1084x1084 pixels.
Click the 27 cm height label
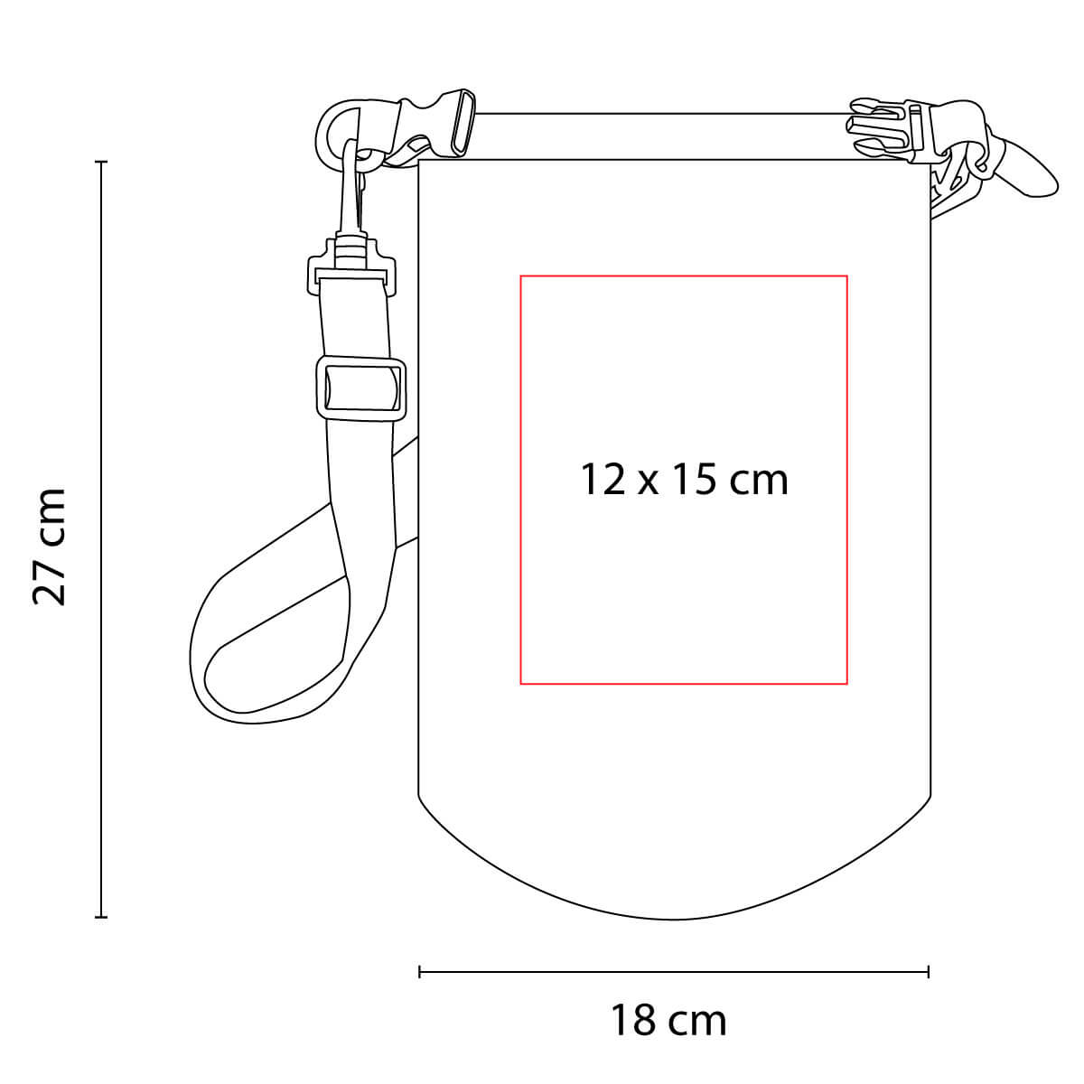pyautogui.click(x=50, y=547)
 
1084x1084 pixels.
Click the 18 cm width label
pyautogui.click(x=668, y=1020)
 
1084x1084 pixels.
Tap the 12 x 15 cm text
pyautogui.click(x=684, y=480)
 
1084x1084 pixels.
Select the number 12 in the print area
pyautogui.click(x=603, y=480)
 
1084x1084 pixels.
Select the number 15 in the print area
pyautogui.click(x=695, y=480)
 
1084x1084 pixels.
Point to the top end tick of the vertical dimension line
pyautogui.click(x=101, y=162)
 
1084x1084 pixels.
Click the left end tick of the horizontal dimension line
pyautogui.click(x=420, y=971)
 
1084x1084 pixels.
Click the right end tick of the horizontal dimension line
pyautogui.click(x=929, y=971)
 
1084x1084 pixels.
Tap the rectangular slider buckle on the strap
pyautogui.click(x=361, y=388)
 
